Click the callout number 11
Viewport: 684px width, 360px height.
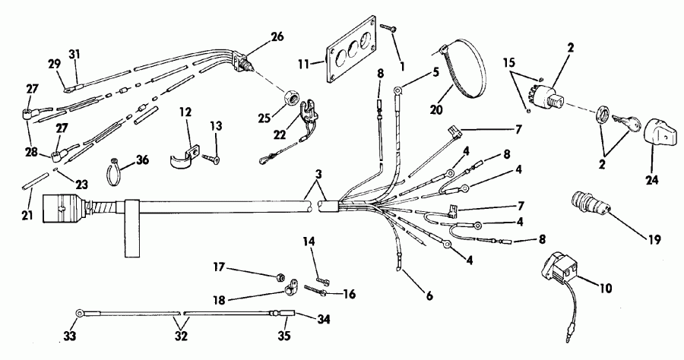pyautogui.click(x=303, y=64)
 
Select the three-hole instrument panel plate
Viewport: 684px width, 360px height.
pyautogui.click(x=352, y=49)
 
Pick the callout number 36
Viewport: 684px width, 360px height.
pyautogui.click(x=142, y=160)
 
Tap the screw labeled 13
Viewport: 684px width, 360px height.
pyautogui.click(x=210, y=159)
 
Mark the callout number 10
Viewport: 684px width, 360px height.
pyautogui.click(x=606, y=288)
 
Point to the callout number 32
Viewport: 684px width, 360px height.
pyautogui.click(x=181, y=336)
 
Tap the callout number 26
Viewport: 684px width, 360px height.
pyautogui.click(x=277, y=36)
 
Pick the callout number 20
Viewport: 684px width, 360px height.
pyautogui.click(x=435, y=109)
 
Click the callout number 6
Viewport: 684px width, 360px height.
pyautogui.click(x=429, y=296)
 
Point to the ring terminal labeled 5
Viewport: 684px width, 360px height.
pyautogui.click(x=397, y=91)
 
